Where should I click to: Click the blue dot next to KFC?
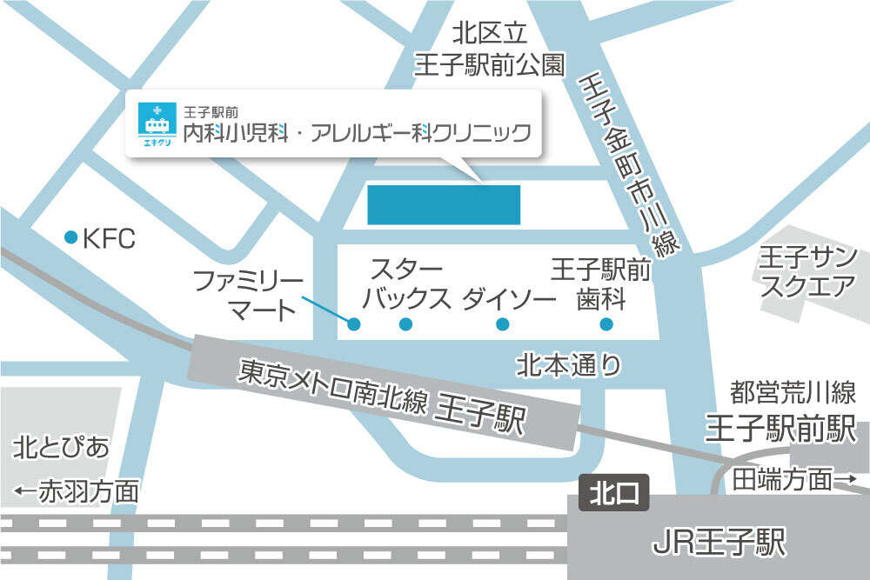click(70, 237)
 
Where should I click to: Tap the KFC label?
click(109, 239)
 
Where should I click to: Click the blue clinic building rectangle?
click(444, 204)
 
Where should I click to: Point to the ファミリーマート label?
click(248, 296)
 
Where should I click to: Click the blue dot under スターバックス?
click(405, 325)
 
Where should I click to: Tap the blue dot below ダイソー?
click(502, 325)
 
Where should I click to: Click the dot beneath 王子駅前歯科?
click(606, 325)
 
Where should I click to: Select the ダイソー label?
click(509, 299)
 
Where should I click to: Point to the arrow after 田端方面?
click(847, 479)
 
